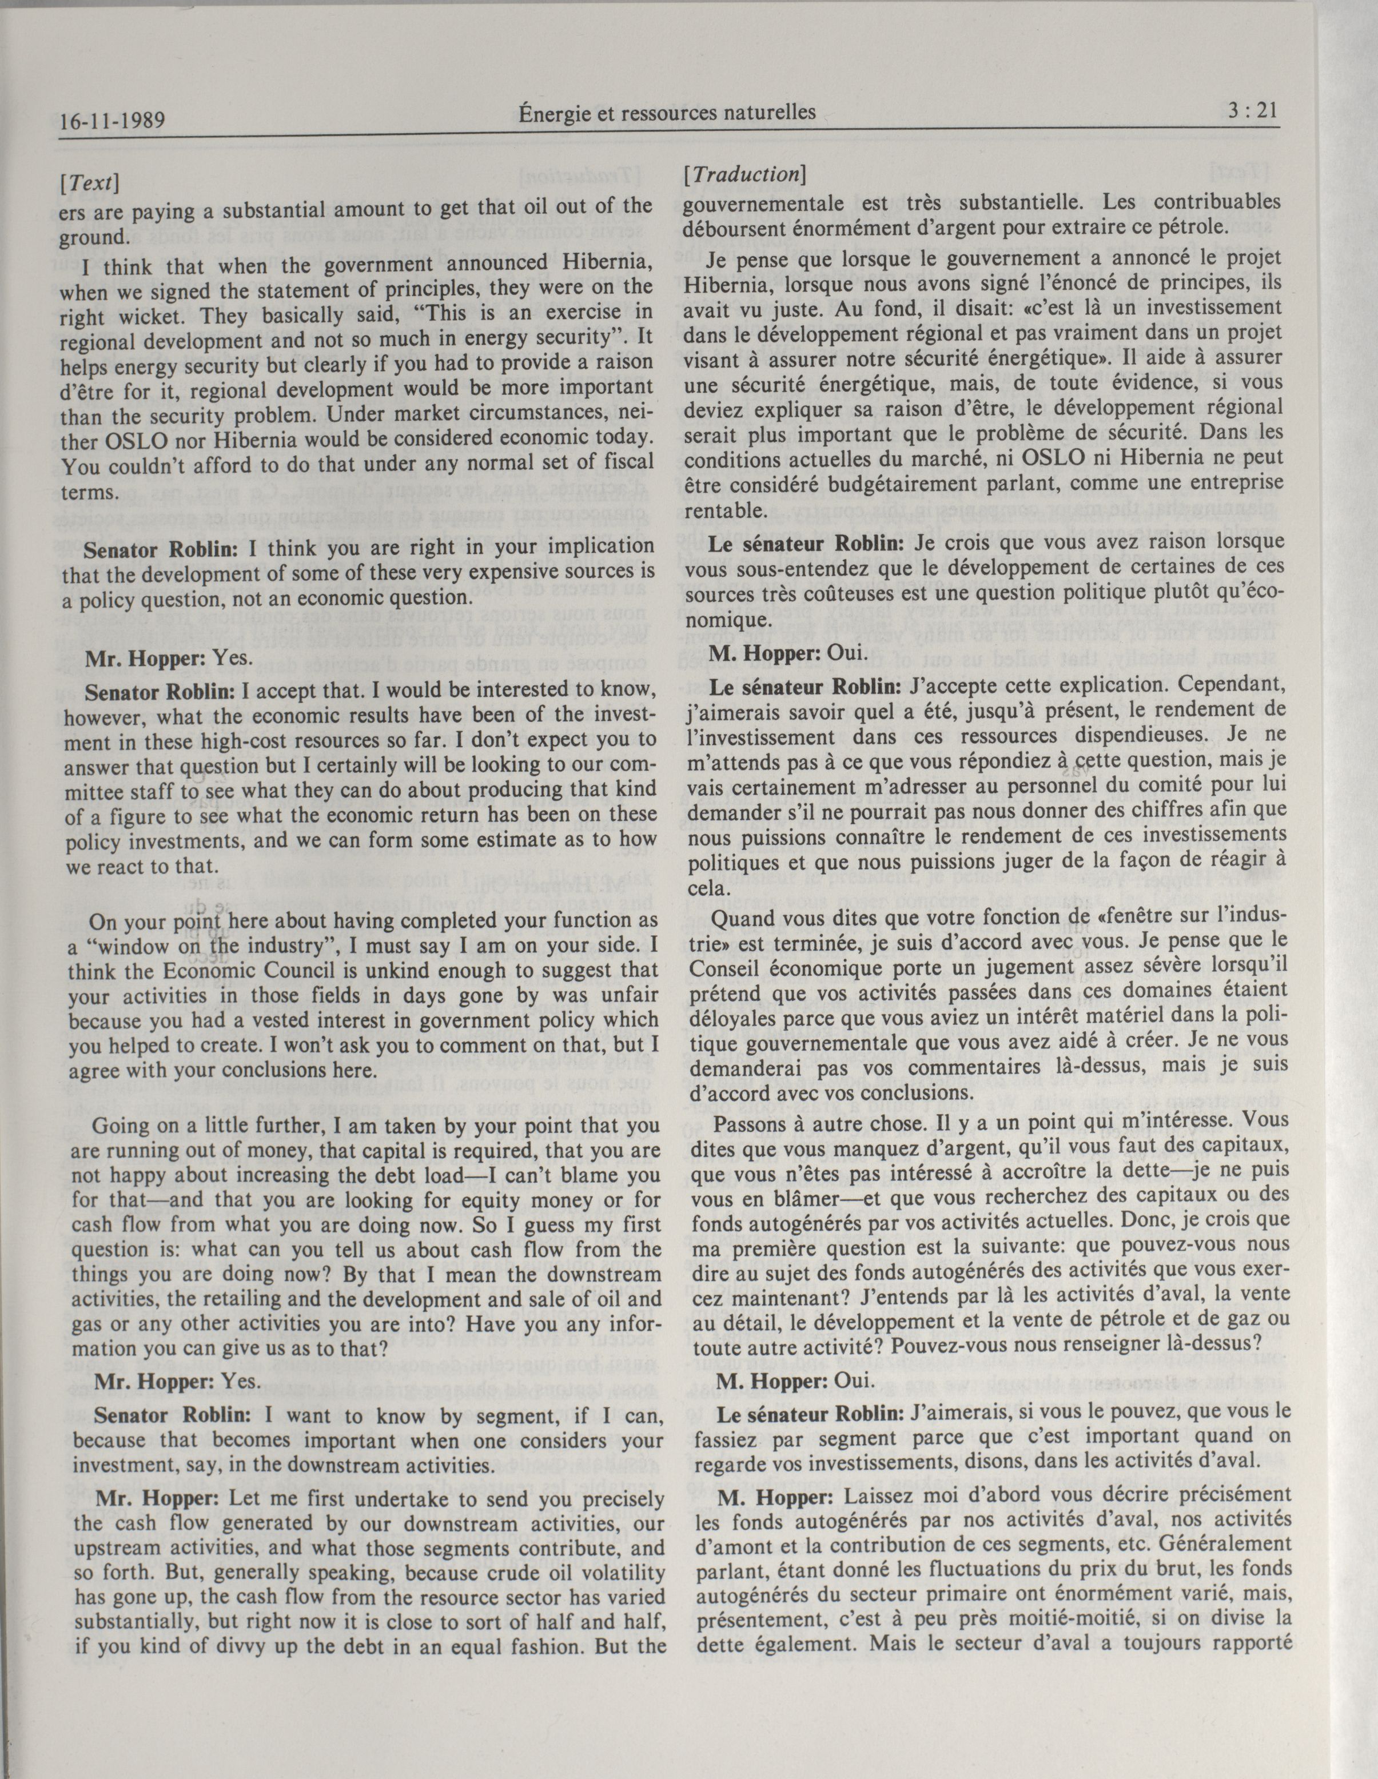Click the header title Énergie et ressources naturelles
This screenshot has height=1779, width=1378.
click(667, 113)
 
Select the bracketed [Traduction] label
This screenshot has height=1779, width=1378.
click(745, 174)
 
